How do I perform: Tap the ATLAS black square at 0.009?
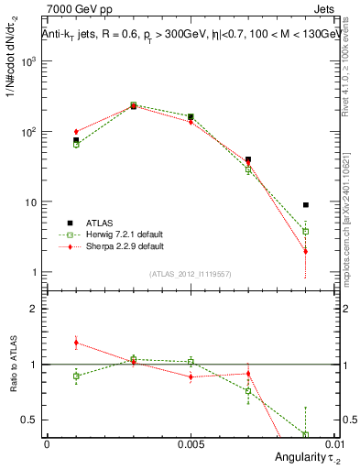click(306, 205)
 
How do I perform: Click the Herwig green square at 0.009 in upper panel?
click(306, 232)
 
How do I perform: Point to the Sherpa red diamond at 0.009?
click(306, 251)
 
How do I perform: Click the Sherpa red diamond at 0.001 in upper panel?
click(76, 132)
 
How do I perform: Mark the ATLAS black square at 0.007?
click(248, 159)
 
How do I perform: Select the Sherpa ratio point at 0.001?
click(76, 343)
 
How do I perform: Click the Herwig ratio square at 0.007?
click(248, 391)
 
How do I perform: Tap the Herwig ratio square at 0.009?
click(306, 434)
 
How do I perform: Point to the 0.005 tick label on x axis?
click(191, 443)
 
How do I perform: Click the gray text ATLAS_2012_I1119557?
click(190, 274)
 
